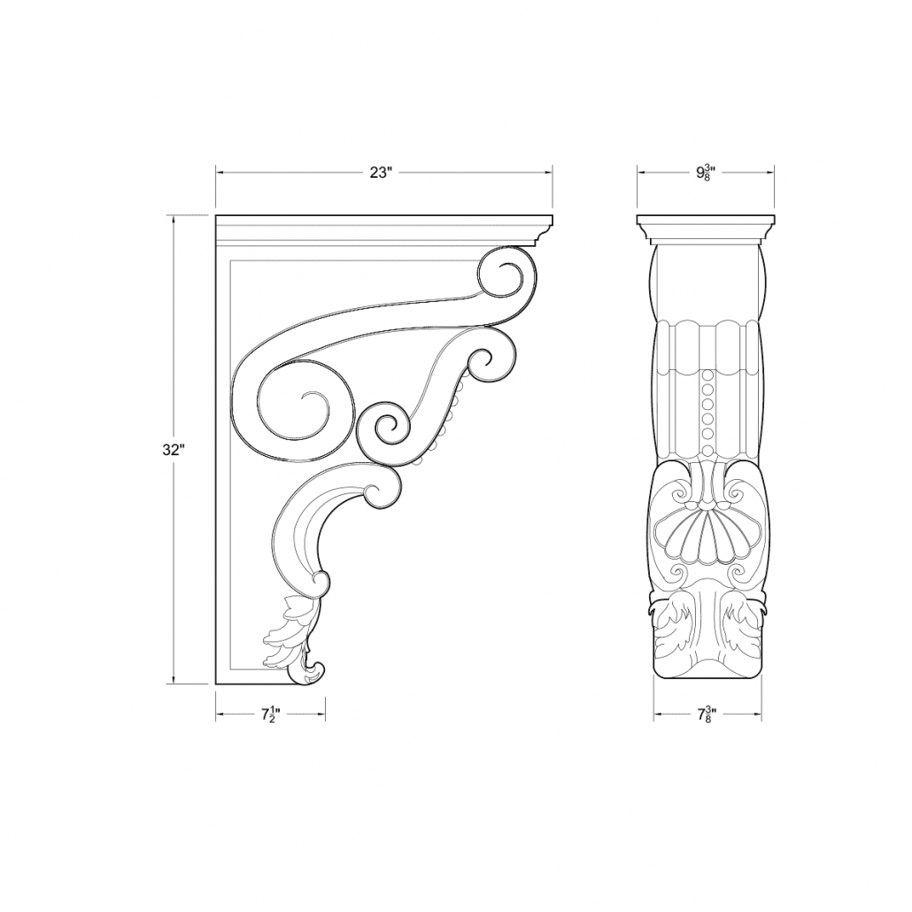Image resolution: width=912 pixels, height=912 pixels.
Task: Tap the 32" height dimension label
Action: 173,449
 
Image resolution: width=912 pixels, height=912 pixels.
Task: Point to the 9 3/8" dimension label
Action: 707,173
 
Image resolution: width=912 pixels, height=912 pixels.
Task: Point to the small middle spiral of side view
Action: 387,428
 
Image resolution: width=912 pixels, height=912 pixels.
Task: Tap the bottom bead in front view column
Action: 707,436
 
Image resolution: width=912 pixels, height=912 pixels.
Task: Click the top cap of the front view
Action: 707,220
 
